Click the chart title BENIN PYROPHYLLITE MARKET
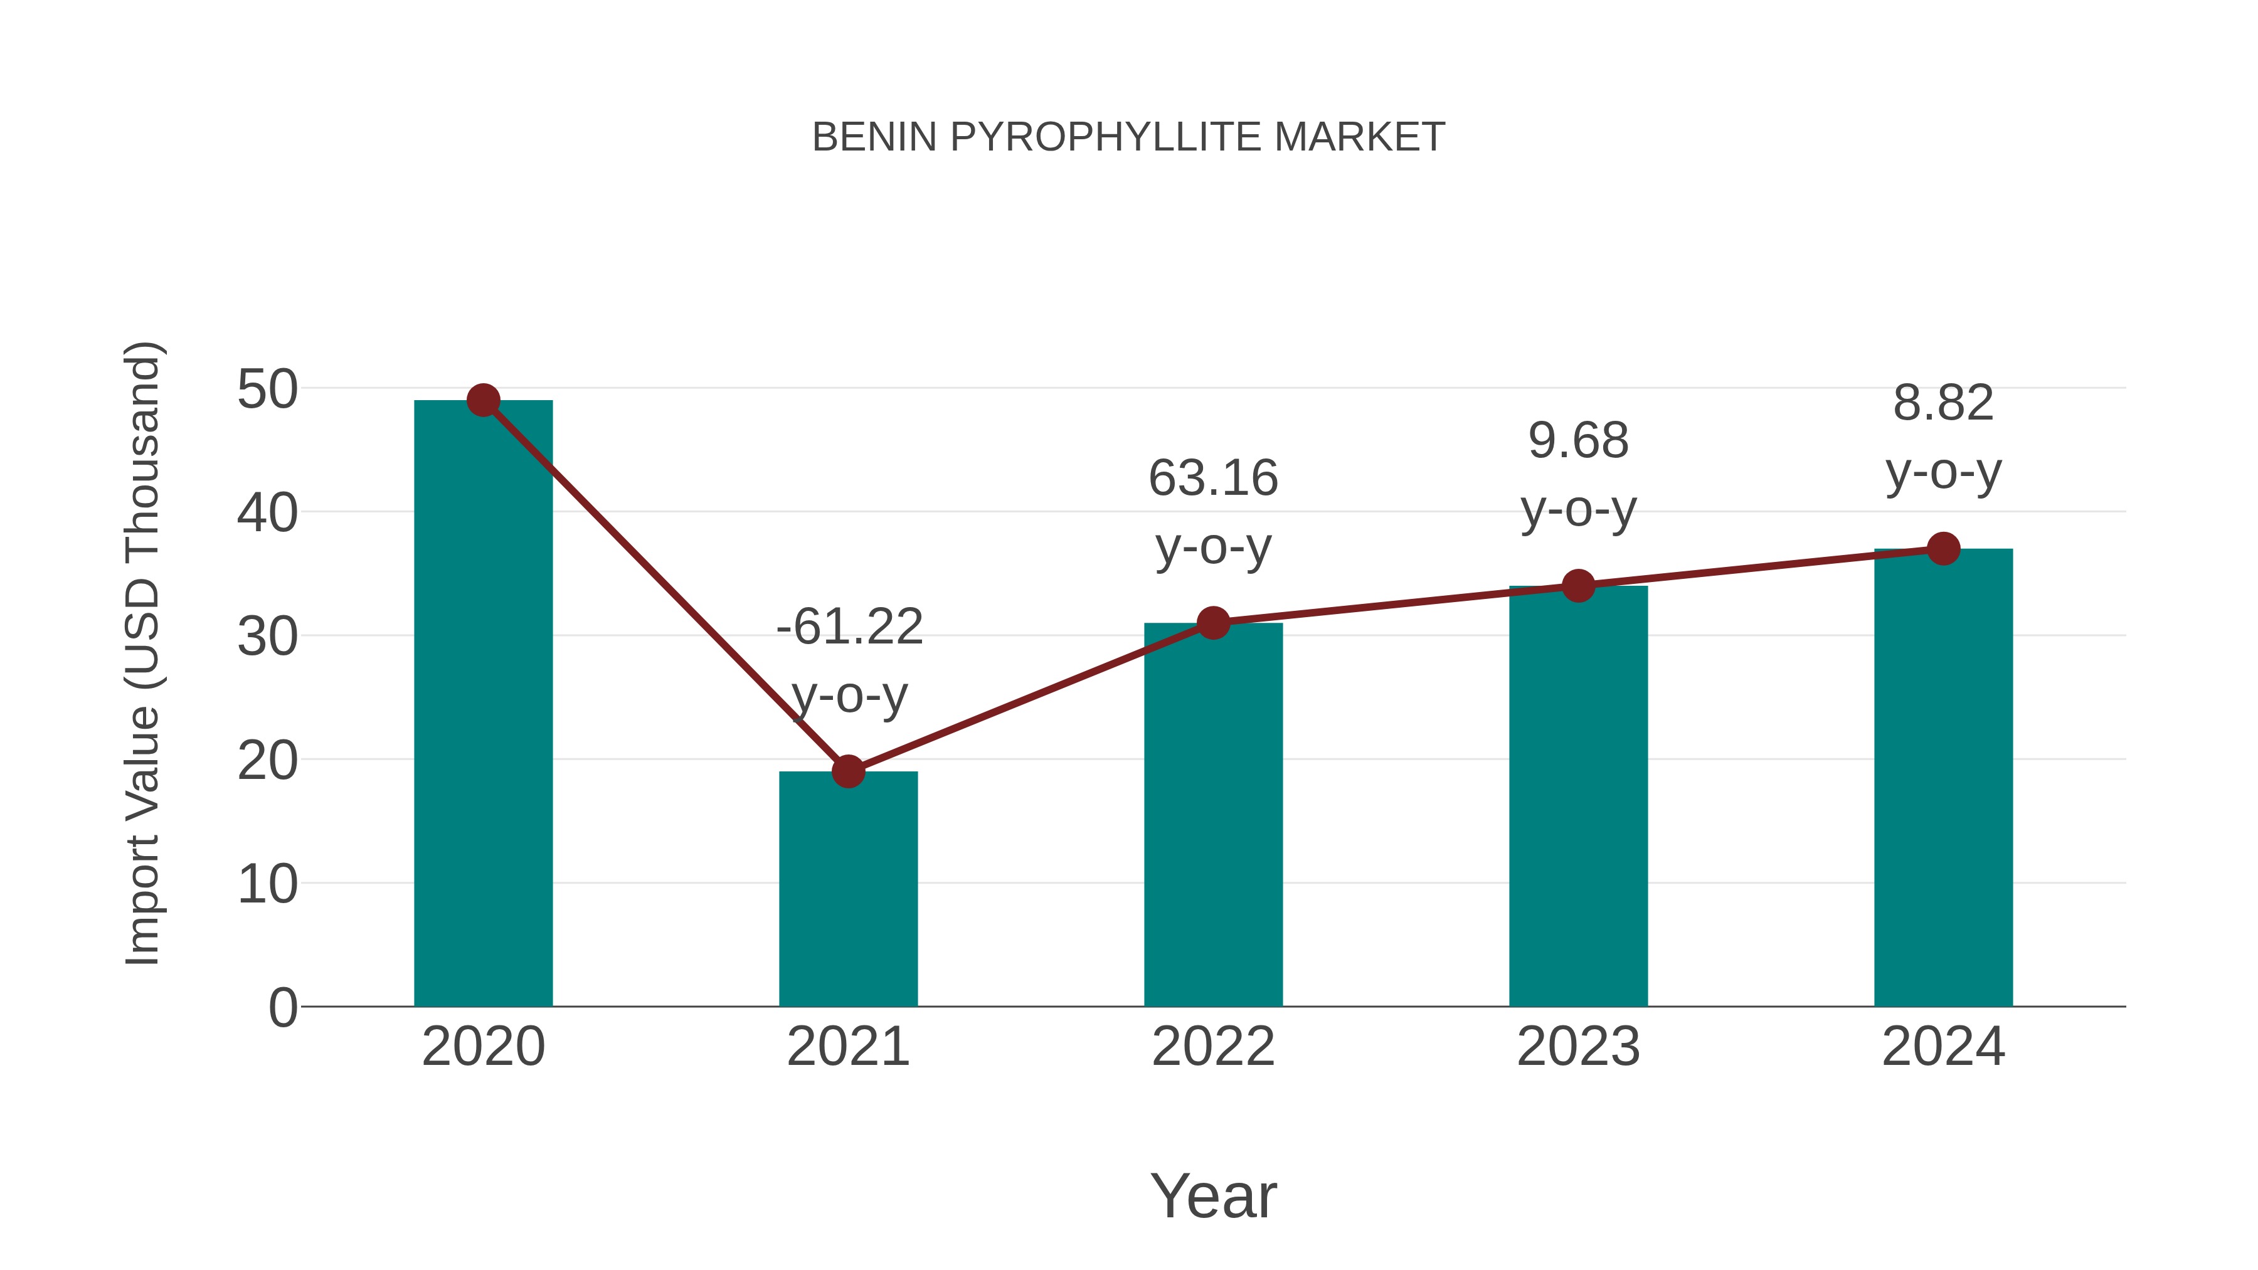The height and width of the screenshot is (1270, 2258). click(x=1128, y=137)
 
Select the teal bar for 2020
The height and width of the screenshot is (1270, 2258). click(x=483, y=719)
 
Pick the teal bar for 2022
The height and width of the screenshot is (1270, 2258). click(x=1213, y=824)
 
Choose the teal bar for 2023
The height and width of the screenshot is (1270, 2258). click(x=1578, y=807)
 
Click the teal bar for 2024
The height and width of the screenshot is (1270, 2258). click(x=1943, y=789)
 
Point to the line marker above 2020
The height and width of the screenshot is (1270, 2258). click(x=483, y=401)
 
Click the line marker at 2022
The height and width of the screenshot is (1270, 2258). click(x=1213, y=623)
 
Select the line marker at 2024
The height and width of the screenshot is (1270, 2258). click(x=1943, y=549)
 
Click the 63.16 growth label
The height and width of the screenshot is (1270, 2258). click(x=1213, y=479)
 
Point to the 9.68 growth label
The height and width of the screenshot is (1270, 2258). click(x=1578, y=441)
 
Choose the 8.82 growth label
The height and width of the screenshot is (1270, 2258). click(x=1943, y=403)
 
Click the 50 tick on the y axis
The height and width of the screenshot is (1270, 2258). click(x=267, y=389)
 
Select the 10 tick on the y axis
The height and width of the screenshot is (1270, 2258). click(x=267, y=884)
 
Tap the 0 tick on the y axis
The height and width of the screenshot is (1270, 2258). click(x=282, y=1008)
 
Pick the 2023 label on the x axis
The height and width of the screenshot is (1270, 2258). click(x=1578, y=1047)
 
